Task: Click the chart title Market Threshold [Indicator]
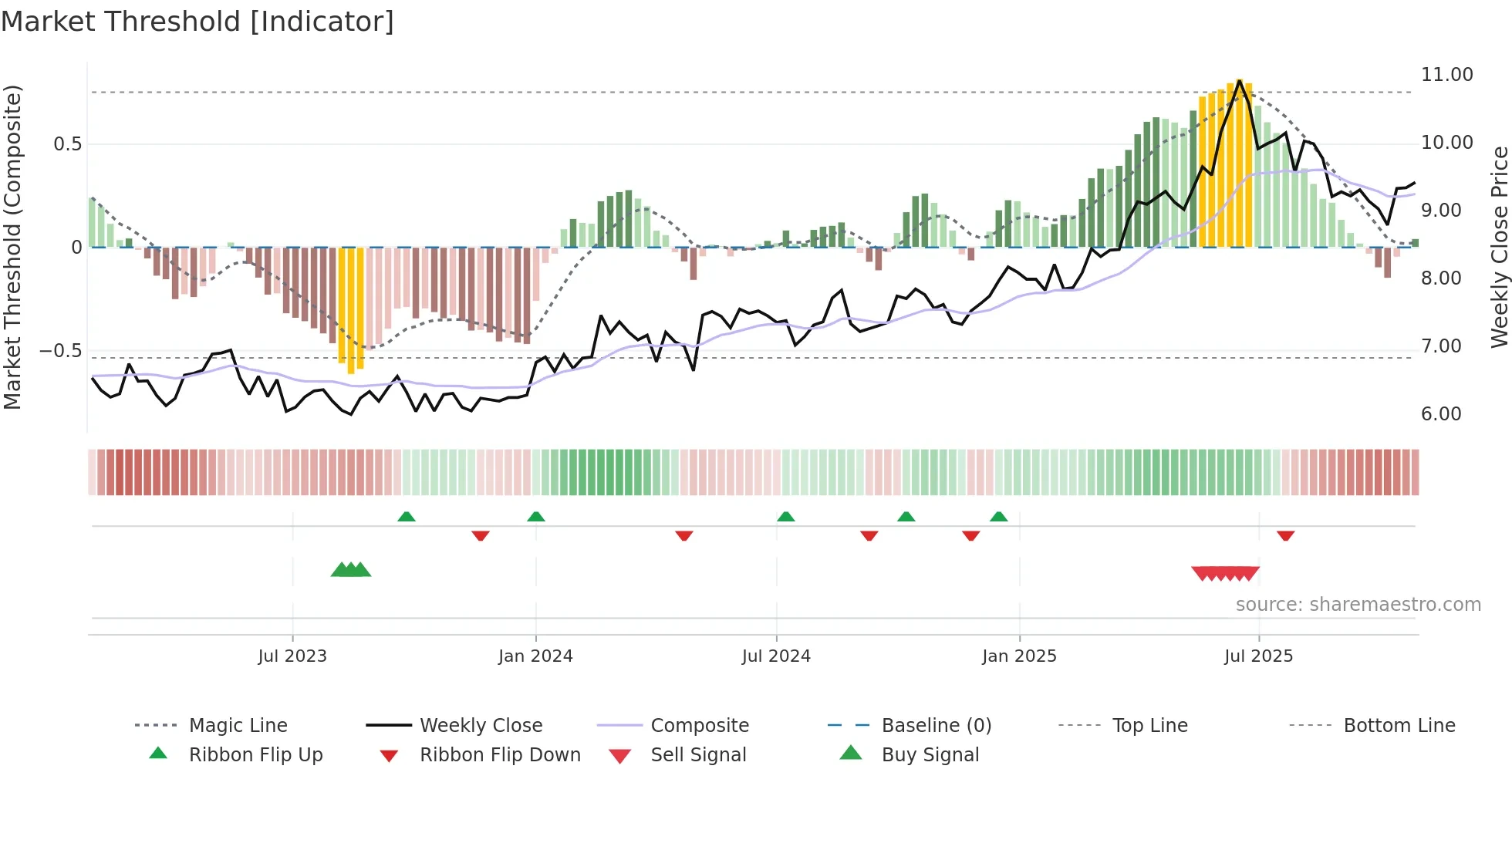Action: (197, 22)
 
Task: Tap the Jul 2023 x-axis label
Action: (292, 656)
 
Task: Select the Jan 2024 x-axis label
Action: (535, 656)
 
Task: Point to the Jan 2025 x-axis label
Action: (1019, 656)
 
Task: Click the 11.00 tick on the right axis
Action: (1446, 75)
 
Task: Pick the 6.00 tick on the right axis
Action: (1441, 414)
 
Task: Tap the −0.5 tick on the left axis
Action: (60, 351)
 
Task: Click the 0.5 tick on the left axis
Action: (67, 144)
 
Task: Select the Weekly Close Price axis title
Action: (1499, 247)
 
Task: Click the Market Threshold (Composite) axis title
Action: (12, 247)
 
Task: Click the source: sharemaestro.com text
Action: (1358, 605)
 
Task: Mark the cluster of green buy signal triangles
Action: (351, 570)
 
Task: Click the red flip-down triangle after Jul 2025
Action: (1285, 535)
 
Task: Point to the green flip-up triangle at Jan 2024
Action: (536, 517)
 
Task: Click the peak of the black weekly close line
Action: (1240, 80)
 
